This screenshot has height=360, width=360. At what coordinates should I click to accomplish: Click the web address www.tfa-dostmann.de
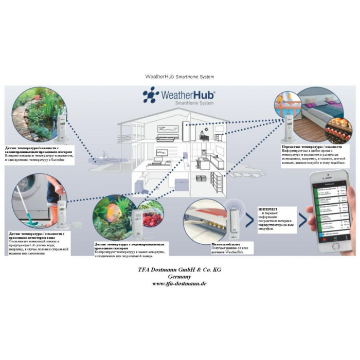pos(179,283)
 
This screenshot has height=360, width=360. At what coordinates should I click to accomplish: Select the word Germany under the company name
pos(179,276)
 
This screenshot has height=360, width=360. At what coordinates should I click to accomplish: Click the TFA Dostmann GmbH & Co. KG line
pos(179,269)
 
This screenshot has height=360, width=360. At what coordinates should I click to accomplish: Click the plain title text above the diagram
pos(179,77)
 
